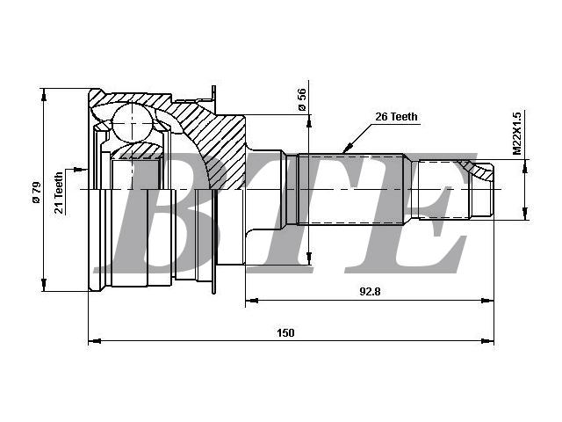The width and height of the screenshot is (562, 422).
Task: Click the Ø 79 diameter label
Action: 37,193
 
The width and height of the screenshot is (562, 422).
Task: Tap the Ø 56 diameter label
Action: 302,99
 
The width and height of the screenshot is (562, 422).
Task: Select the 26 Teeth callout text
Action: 396,117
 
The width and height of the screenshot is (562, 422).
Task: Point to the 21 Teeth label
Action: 59,193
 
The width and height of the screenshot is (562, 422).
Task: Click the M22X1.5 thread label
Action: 517,133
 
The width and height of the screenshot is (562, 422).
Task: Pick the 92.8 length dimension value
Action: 370,291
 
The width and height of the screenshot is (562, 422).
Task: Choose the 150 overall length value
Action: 285,332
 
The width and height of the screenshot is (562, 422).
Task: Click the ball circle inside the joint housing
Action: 133,123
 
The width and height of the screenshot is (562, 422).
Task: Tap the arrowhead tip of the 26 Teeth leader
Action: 344,152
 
